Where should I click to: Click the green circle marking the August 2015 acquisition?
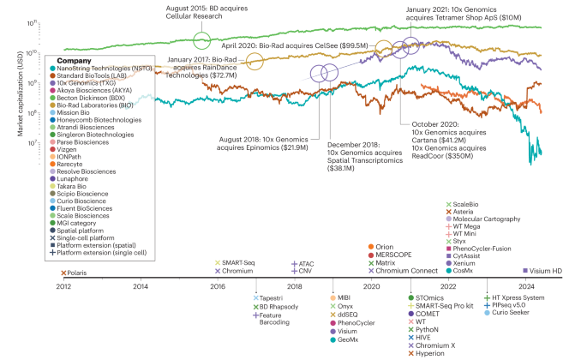point(202,40)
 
